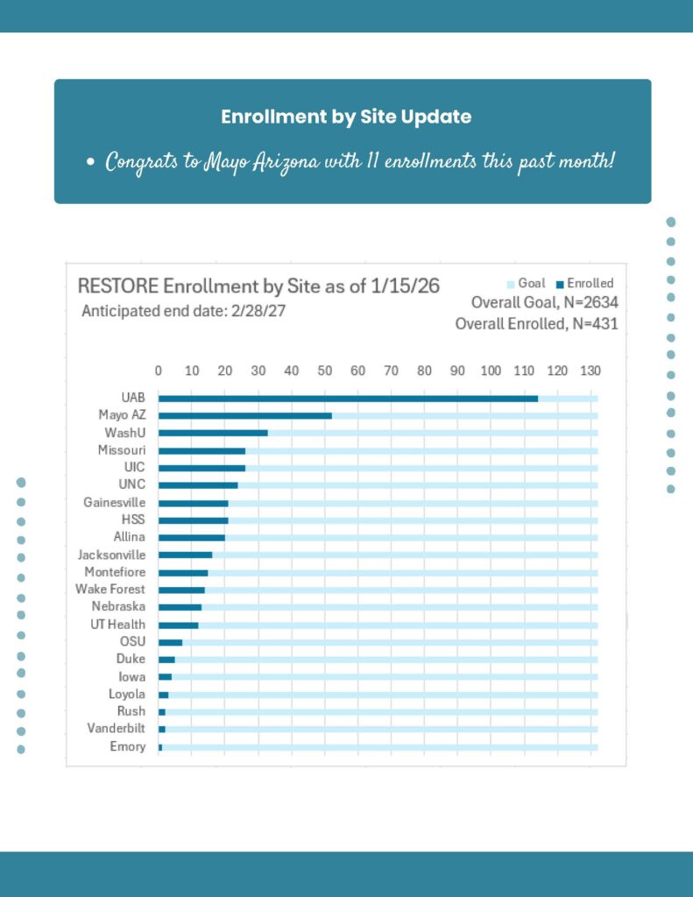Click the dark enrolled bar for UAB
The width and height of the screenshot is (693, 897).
tap(348, 398)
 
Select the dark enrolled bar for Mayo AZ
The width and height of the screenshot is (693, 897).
tap(244, 415)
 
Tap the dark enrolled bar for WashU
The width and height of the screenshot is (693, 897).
tap(213, 433)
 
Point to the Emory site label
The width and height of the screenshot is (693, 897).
tap(128, 747)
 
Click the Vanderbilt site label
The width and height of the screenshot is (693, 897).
tap(117, 729)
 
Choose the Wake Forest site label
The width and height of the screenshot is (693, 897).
tap(110, 590)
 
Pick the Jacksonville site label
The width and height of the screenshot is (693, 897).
tap(112, 554)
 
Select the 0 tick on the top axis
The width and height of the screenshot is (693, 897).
tap(159, 371)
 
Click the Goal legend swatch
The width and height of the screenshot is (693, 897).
tap(512, 284)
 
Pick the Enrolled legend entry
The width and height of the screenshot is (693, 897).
tap(590, 284)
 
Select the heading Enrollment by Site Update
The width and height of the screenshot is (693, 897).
tap(346, 117)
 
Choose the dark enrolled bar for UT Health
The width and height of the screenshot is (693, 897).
tap(178, 625)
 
